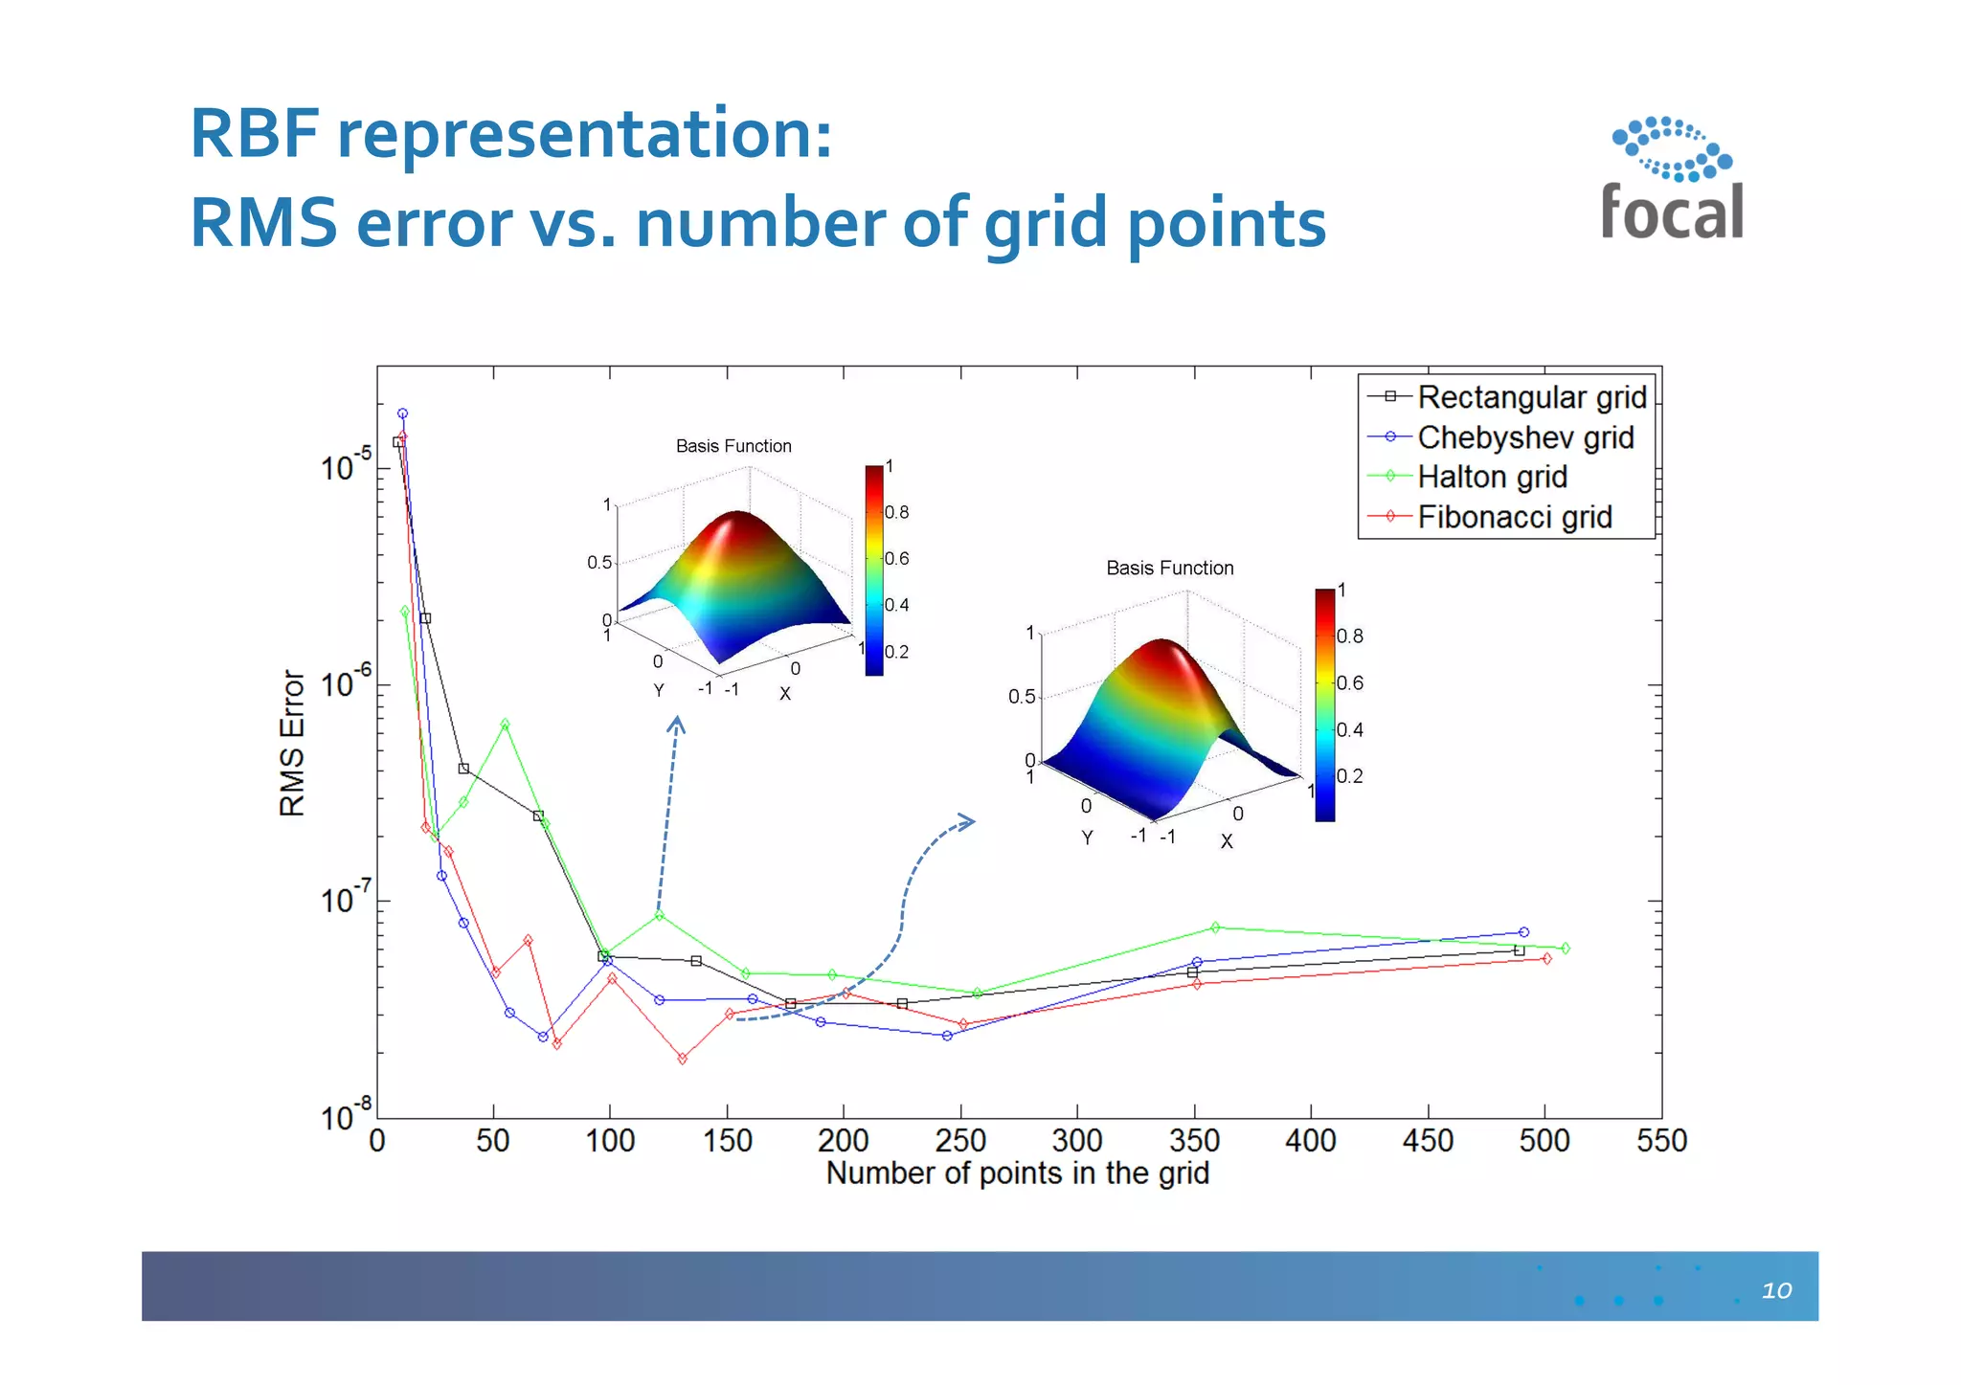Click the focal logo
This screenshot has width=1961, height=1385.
click(1672, 180)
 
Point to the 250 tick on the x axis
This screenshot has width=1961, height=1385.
click(960, 1141)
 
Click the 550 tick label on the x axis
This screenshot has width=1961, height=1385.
click(1661, 1141)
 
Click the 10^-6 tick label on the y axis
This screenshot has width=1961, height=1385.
click(346, 683)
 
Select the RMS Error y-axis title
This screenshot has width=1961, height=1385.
click(292, 743)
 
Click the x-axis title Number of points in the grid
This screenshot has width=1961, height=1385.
click(1017, 1173)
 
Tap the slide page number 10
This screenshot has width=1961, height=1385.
click(1776, 1290)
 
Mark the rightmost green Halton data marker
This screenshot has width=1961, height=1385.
click(1566, 948)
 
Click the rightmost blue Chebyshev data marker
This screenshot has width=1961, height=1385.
click(1523, 932)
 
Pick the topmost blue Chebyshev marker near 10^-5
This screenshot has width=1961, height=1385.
click(402, 413)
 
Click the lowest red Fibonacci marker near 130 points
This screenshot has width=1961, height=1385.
click(682, 1059)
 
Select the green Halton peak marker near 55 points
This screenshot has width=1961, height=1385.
click(505, 725)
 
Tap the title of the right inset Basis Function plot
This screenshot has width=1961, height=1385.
click(1169, 568)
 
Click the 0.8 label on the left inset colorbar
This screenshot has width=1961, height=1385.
click(896, 512)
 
